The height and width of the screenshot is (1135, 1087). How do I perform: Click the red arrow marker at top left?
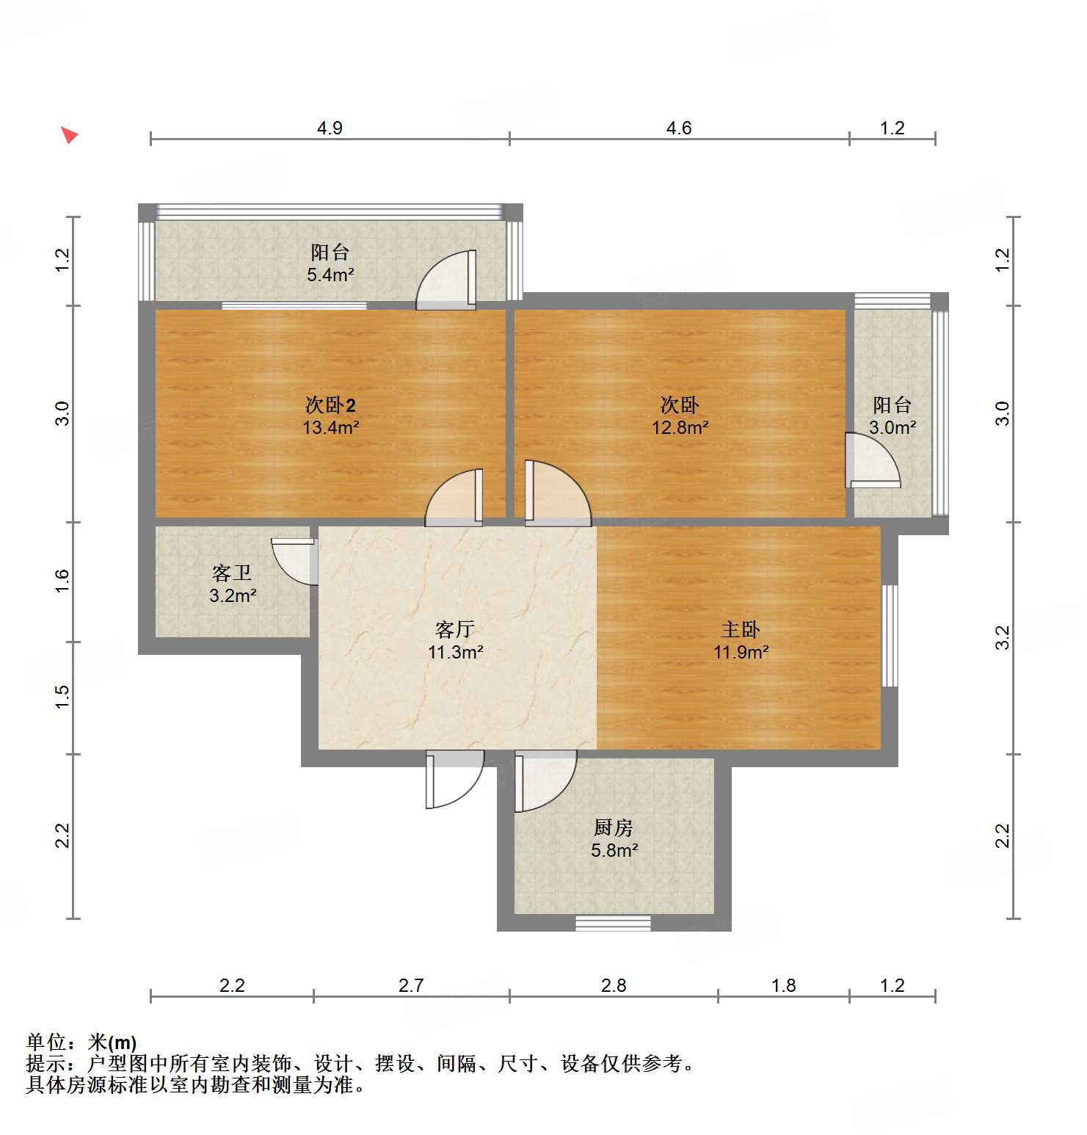[x=69, y=135]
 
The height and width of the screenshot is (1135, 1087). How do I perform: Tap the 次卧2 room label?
[x=330, y=405]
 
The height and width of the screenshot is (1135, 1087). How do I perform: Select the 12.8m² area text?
[x=680, y=427]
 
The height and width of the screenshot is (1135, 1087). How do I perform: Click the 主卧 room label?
[x=741, y=629]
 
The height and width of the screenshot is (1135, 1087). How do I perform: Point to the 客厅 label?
[x=455, y=629]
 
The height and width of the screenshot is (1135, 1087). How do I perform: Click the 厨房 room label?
[x=614, y=828]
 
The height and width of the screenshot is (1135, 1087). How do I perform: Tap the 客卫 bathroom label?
[x=232, y=573]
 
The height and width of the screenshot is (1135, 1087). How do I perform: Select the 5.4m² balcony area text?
[x=330, y=275]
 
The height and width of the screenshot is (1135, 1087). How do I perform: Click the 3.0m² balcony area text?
[x=892, y=427]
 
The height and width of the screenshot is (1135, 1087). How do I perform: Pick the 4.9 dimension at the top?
[x=330, y=128]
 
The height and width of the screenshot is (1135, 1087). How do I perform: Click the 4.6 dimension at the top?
[x=679, y=128]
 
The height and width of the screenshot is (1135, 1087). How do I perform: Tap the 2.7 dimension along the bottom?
[x=411, y=985]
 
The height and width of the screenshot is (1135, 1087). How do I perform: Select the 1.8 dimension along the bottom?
[x=784, y=985]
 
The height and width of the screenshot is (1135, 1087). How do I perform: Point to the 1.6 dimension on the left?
[x=63, y=581]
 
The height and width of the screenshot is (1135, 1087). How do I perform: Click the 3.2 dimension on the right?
[x=1003, y=637]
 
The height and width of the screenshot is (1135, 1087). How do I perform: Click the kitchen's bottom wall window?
[x=613, y=923]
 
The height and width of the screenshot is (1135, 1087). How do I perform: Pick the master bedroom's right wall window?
[x=889, y=635]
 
